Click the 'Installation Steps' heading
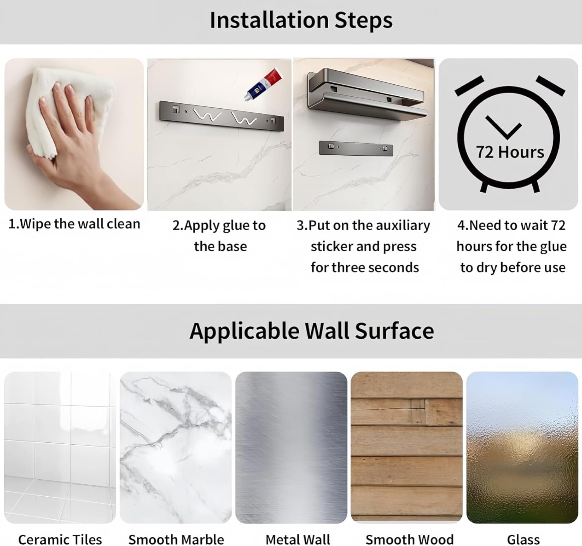click(x=301, y=21)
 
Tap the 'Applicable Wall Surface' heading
click(x=312, y=331)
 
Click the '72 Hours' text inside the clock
click(x=510, y=152)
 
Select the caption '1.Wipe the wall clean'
click(x=74, y=224)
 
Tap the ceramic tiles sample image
click(x=60, y=448)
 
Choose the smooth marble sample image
click(x=175, y=448)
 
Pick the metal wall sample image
click(x=291, y=448)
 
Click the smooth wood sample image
click(x=407, y=448)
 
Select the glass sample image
click(x=522, y=448)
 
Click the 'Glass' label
click(x=523, y=539)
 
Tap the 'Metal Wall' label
click(x=298, y=539)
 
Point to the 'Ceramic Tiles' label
click(x=60, y=539)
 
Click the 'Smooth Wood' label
click(x=410, y=539)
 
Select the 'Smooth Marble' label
click(x=176, y=539)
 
